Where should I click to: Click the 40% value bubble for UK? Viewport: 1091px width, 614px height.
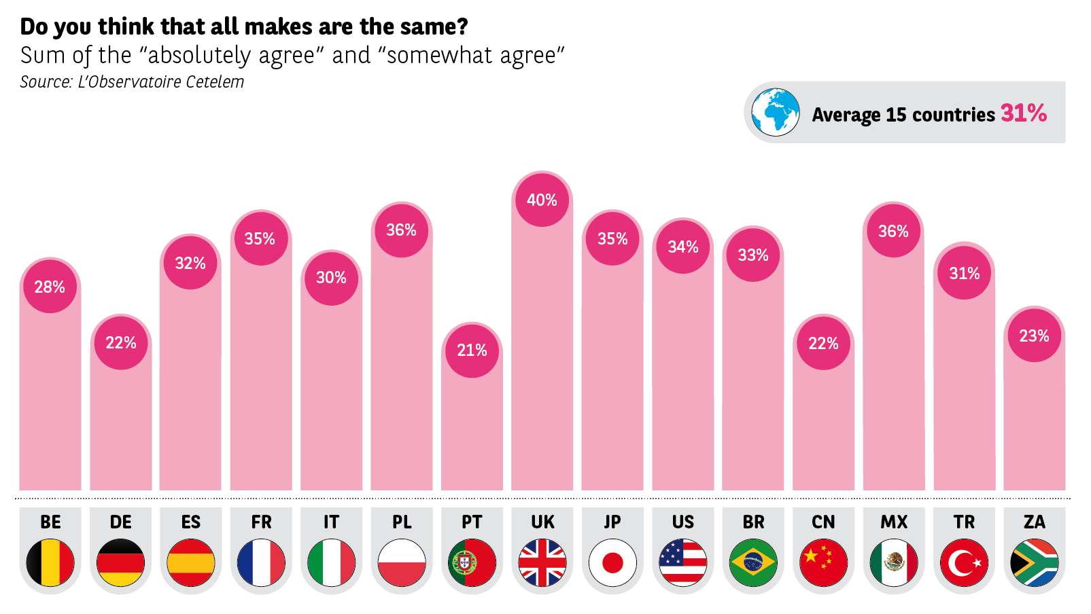[542, 200]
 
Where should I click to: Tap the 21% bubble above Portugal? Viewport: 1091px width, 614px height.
[472, 350]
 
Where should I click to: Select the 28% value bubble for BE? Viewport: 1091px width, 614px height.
[50, 286]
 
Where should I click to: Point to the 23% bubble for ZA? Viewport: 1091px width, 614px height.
[1034, 335]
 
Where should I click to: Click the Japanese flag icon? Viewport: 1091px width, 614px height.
[612, 562]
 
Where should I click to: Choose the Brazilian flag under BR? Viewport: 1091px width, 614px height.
[753, 562]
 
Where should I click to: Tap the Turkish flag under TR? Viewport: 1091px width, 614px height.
[964, 562]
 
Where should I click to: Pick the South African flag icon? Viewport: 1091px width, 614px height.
[1034, 562]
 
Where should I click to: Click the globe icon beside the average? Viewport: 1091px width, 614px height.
[776, 112]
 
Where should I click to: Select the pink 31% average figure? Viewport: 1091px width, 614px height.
[1023, 113]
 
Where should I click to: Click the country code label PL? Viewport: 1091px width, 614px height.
[402, 522]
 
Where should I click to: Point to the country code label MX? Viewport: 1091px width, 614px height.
[894, 522]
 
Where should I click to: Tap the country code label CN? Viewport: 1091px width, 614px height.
[823, 522]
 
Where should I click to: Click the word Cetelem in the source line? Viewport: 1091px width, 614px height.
[215, 82]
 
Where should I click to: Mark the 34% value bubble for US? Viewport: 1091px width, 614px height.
[683, 246]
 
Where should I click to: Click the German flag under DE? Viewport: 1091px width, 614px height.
[120, 562]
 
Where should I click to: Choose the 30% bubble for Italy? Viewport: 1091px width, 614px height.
[331, 277]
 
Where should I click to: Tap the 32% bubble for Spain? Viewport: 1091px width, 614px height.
[190, 262]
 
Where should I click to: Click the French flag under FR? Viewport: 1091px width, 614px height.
[261, 562]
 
